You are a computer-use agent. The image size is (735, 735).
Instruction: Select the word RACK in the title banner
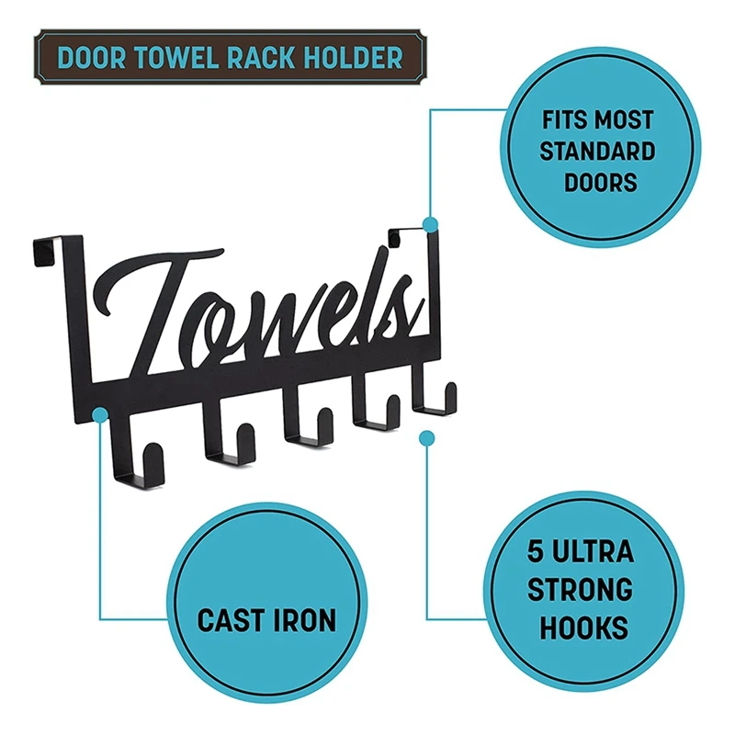click(x=260, y=57)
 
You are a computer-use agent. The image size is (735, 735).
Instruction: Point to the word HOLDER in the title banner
click(x=353, y=57)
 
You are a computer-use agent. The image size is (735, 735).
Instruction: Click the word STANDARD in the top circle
click(x=597, y=150)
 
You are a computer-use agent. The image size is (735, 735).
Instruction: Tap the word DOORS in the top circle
click(x=598, y=181)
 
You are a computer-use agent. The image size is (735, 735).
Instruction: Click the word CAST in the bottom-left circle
click(x=229, y=620)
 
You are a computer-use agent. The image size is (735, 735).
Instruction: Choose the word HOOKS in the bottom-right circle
click(x=583, y=628)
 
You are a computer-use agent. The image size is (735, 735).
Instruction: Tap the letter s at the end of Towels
click(x=398, y=303)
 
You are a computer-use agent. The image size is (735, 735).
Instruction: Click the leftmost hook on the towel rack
click(x=137, y=459)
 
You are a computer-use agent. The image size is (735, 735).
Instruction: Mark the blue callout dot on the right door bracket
click(x=430, y=223)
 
